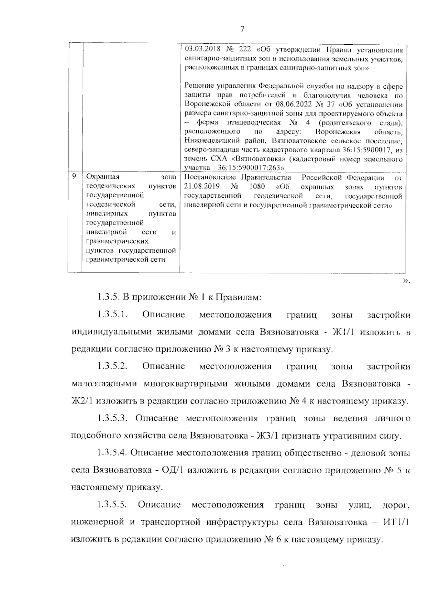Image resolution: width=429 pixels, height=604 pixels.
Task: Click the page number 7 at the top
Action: pyautogui.click(x=242, y=29)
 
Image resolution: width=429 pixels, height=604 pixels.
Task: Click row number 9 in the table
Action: pyautogui.click(x=74, y=176)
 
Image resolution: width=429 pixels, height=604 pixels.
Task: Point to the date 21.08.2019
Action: pyautogui.click(x=201, y=187)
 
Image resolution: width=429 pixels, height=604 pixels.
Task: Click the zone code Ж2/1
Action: pyautogui.click(x=83, y=401)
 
